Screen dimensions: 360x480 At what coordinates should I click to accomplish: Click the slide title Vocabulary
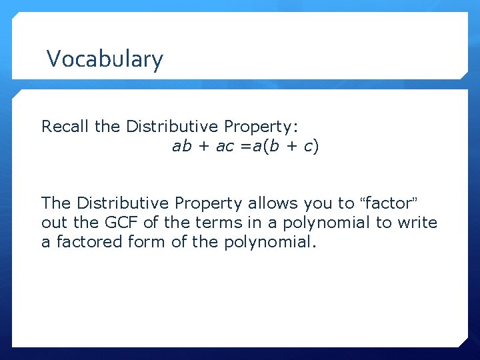tap(105, 59)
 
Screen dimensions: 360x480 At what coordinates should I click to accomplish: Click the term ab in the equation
tap(181, 146)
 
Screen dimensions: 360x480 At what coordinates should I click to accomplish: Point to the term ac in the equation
tap(224, 146)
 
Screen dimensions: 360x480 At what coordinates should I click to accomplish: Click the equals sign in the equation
tap(245, 146)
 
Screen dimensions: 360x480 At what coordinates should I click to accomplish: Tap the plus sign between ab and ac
tap(203, 146)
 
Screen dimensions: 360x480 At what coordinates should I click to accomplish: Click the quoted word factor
tap(388, 202)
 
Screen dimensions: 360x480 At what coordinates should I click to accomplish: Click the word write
tap(417, 222)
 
